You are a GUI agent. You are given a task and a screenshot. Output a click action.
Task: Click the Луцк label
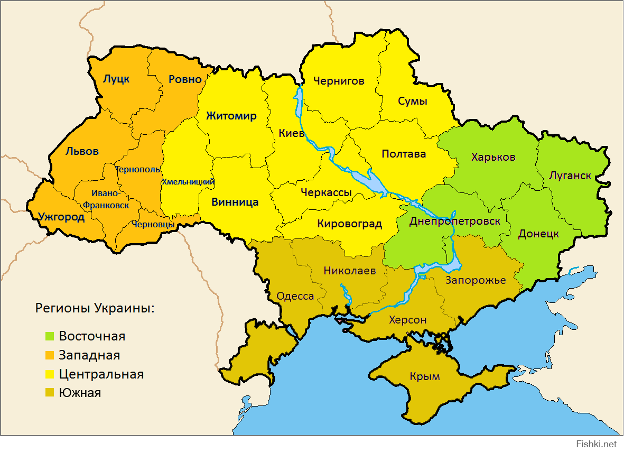(116, 79)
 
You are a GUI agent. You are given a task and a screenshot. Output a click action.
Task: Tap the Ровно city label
(185, 79)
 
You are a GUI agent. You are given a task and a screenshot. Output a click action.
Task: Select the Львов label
(82, 151)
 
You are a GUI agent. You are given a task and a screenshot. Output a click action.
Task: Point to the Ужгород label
(61, 217)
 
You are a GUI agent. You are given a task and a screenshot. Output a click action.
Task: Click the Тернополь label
(137, 170)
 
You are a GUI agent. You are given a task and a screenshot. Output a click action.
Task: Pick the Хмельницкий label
(188, 182)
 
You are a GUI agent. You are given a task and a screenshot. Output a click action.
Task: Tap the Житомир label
(231, 116)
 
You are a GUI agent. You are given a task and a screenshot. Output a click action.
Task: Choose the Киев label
(292, 133)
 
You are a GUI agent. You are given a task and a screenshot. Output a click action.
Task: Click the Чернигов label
(339, 81)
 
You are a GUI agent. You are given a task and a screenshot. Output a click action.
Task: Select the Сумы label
(413, 101)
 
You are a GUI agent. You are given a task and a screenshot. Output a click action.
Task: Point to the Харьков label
(493, 157)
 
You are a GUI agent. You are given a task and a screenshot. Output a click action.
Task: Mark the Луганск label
(570, 175)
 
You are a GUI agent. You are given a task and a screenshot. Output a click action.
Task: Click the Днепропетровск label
(454, 221)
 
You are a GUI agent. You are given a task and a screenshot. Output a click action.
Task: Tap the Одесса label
(295, 296)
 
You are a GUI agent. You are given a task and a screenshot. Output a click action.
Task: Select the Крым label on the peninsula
(424, 377)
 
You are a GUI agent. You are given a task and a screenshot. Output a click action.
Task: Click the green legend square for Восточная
(50, 336)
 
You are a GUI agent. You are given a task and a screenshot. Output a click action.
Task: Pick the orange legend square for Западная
(50, 355)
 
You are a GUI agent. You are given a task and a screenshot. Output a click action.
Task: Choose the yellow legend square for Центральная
(50, 374)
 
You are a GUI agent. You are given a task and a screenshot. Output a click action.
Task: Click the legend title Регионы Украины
(95, 308)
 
